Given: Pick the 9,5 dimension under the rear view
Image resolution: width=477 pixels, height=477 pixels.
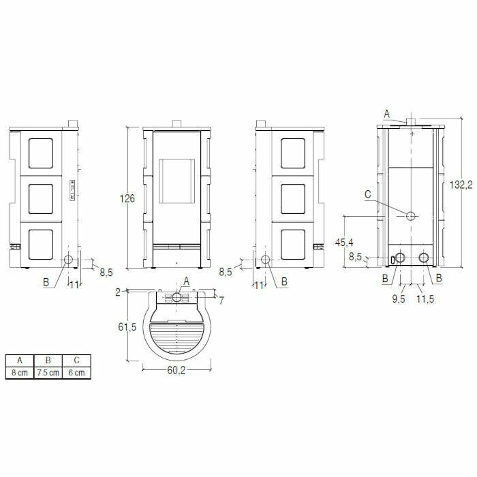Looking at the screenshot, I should (x=399, y=298).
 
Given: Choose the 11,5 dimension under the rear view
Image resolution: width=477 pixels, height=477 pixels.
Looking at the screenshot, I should (x=425, y=298).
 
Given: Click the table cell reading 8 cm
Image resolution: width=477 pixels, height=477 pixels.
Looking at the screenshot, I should (x=19, y=373).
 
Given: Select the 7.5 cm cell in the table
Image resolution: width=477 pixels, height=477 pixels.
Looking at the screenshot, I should (x=48, y=373).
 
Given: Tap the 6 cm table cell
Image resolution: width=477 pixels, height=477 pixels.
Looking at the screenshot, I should (x=76, y=373).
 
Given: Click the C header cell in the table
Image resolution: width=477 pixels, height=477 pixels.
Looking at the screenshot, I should (x=76, y=360).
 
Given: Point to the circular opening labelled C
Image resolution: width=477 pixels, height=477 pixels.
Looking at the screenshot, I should (x=412, y=216).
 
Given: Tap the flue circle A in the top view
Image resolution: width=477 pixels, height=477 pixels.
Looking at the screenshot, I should (x=176, y=298).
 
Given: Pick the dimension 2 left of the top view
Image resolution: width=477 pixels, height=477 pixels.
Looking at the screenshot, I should (x=118, y=292).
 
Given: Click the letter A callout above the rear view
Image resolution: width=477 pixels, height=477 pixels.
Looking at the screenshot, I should (x=387, y=113).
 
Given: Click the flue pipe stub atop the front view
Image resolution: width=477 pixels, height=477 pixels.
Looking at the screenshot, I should (x=176, y=124).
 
